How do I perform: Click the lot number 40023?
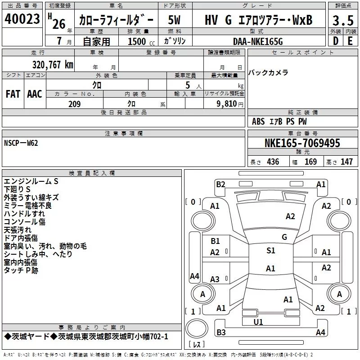tap(22, 19)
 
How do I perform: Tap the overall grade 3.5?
tap(343, 21)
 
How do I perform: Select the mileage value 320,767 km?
tap(53, 65)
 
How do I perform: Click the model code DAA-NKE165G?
tap(258, 41)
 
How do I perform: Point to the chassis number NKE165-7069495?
tap(302, 143)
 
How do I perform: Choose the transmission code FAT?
tap(13, 94)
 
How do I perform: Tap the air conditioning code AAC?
tap(35, 94)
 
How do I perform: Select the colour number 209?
tap(74, 104)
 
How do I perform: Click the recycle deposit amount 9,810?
tap(227, 104)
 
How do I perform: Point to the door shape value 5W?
tap(174, 20)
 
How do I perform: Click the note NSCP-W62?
tap(21, 143)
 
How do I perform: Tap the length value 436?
tap(273, 162)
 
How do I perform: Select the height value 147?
tap(346, 162)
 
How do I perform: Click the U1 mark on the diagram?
tap(258, 322)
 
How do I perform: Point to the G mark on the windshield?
tap(284, 237)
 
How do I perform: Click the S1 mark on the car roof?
tap(271, 250)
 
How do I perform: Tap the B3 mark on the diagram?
tap(221, 332)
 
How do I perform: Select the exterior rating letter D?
tap(336, 41)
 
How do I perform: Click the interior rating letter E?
tap(351, 41)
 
